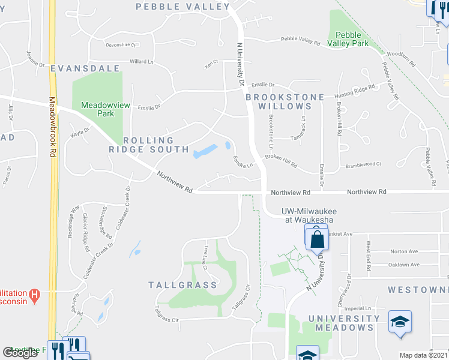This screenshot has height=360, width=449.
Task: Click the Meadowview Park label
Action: (97, 108)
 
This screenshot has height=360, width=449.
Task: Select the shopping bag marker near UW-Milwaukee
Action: (316, 239)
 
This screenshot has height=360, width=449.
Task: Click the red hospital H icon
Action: (35, 295)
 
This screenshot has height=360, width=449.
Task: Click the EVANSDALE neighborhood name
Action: (85, 68)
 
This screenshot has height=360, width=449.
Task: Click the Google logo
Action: (20, 353)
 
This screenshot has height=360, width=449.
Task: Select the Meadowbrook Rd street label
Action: (52, 127)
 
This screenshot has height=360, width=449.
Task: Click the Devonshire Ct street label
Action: (122, 44)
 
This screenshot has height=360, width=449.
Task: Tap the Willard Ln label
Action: (142, 61)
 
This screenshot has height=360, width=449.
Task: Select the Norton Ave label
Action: (404, 251)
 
